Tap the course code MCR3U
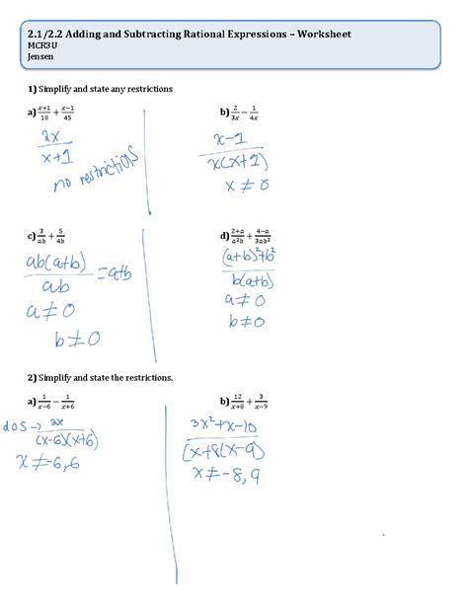pos(41,45)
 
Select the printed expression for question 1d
pos(255,237)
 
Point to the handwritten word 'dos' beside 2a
pos(17,426)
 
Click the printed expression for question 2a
pos(62,402)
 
